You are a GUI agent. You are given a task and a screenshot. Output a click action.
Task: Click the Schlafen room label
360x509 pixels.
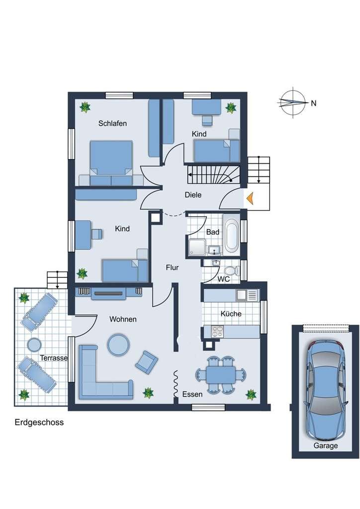tap(112, 123)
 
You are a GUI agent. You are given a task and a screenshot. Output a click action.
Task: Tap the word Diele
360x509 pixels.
tap(193, 195)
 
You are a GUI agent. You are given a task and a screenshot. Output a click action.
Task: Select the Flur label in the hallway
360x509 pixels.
tap(172, 267)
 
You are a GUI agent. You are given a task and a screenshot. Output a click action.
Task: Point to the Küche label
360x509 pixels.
tap(231, 314)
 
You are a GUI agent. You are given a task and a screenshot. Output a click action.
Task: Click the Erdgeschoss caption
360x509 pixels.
tap(39, 423)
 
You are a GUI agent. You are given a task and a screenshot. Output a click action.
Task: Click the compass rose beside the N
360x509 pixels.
tap(293, 102)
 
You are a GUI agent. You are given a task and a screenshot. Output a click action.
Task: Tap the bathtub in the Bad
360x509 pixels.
tap(231, 236)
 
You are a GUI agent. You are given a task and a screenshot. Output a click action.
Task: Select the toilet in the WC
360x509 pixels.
tap(231, 270)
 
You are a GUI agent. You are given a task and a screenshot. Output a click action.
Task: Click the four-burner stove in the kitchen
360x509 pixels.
tap(217, 332)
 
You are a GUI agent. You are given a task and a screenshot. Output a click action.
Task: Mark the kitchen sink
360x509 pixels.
tap(242, 295)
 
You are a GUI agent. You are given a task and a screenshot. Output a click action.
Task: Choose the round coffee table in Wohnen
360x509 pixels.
tap(118, 344)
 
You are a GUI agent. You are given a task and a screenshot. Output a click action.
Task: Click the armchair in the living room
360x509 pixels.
tap(147, 361)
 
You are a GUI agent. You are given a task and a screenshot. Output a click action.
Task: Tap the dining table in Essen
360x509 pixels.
tap(221, 375)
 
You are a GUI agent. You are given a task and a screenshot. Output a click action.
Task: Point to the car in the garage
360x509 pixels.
tap(326, 389)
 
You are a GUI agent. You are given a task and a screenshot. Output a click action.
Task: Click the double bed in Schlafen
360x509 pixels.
tap(111, 163)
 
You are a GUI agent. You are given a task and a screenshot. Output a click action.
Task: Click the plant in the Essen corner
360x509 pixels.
tap(251, 394)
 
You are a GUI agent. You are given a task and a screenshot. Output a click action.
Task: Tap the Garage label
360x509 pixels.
tap(326, 446)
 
